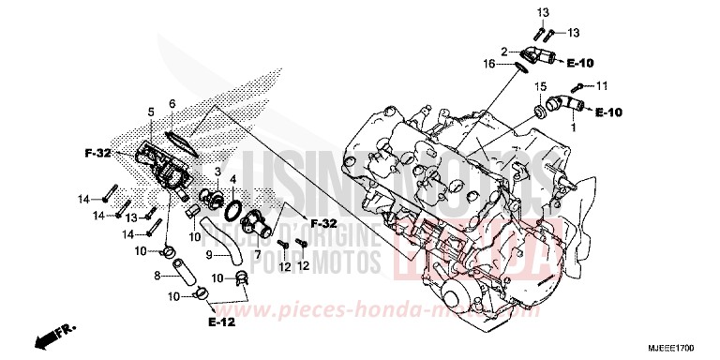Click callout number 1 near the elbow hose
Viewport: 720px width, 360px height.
tap(574, 130)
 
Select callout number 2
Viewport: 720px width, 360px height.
tap(502, 50)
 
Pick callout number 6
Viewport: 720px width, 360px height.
tap(172, 102)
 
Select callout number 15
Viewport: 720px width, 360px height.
tap(540, 87)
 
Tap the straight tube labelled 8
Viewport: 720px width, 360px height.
tap(185, 277)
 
